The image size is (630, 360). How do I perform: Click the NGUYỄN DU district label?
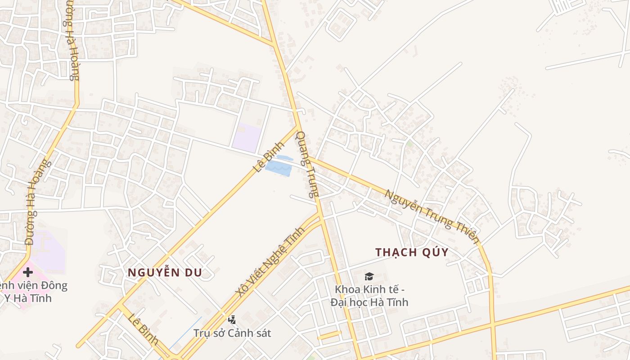tap(165, 272)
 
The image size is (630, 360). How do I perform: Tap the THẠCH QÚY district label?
tap(412, 252)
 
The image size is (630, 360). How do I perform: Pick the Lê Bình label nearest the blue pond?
tap(269, 157)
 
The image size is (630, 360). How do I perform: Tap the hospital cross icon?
tap(28, 272)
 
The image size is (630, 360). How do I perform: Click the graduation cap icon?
tap(369, 276)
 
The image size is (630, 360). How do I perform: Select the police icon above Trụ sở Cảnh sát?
tap(232, 320)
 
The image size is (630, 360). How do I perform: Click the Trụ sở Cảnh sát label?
tap(232, 333)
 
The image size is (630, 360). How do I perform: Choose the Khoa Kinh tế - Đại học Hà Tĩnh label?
tap(369, 295)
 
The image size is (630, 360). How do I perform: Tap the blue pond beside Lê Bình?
tap(279, 168)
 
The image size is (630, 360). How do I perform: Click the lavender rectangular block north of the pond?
tap(246, 137)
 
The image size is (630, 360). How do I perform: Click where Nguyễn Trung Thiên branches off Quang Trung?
tap(308, 157)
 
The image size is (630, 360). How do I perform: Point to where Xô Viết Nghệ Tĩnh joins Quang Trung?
tap(320, 216)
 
